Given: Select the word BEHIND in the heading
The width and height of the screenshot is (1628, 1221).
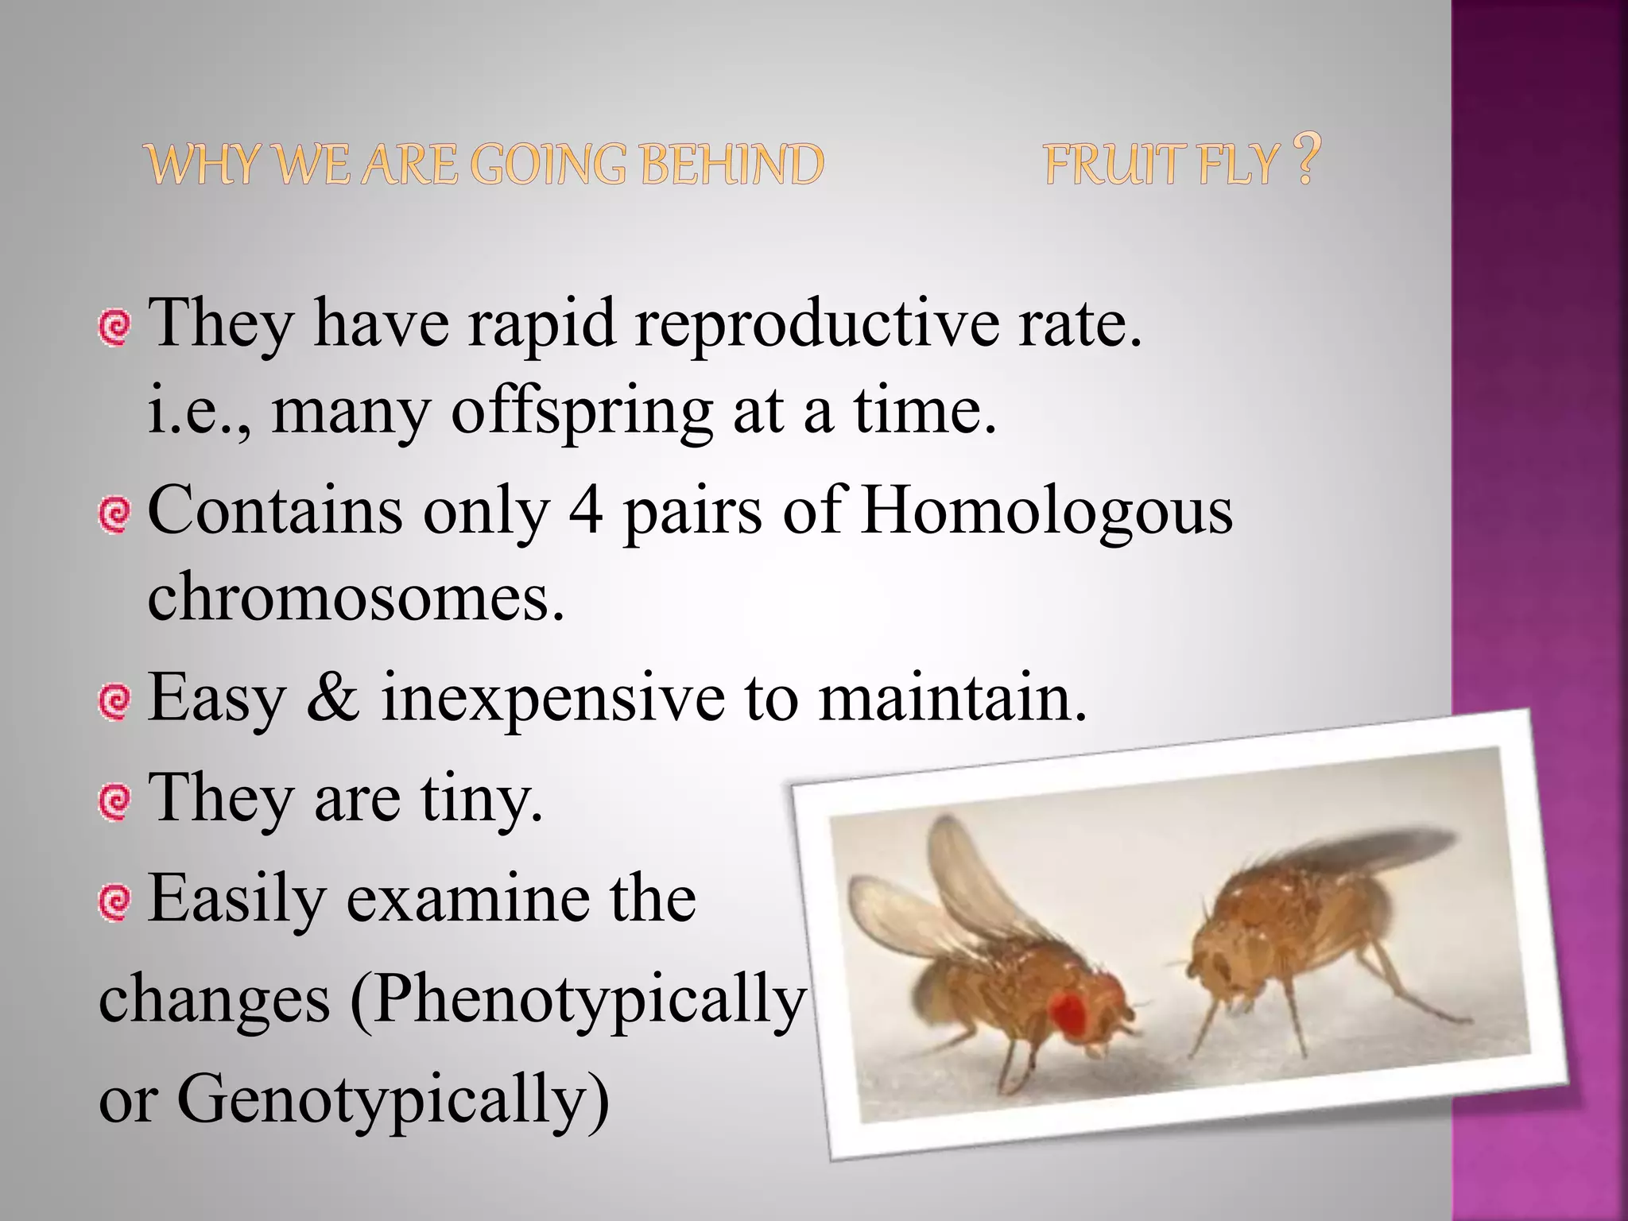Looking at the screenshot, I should point(731,165).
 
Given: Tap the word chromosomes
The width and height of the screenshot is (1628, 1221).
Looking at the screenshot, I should point(355,598).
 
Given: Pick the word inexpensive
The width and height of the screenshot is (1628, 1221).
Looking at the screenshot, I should point(552,697).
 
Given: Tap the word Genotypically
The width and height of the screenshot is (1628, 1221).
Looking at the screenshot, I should point(393,1100).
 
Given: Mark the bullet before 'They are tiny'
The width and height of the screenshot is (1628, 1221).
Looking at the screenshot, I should point(114,801).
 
